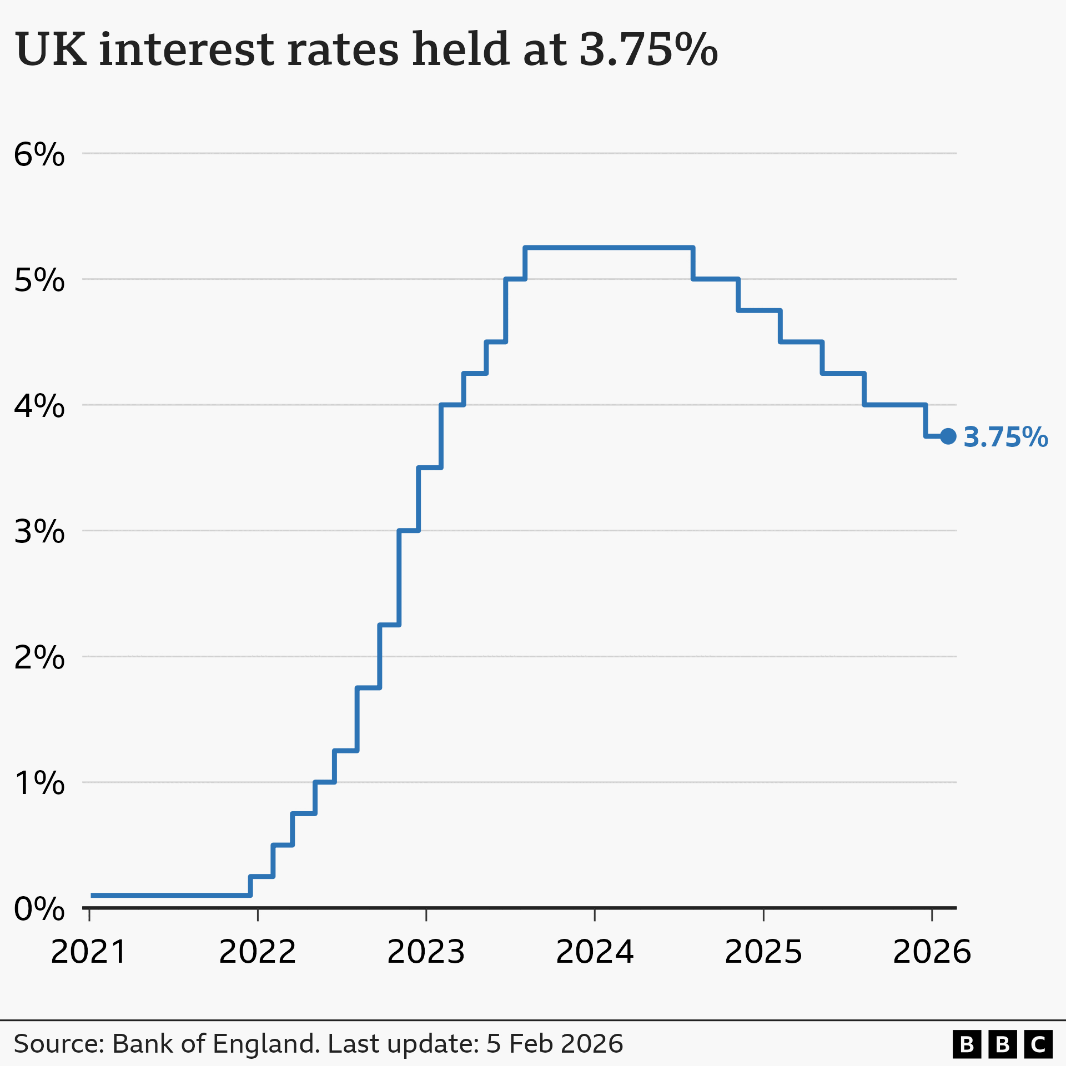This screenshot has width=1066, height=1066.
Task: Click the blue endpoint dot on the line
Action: tap(948, 436)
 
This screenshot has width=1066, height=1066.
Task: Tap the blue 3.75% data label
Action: tap(1005, 438)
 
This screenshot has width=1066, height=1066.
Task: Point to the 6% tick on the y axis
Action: tap(39, 154)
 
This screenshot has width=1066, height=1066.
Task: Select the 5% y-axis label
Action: tap(39, 280)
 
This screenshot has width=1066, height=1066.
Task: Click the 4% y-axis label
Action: tap(39, 406)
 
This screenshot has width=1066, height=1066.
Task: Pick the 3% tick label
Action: tap(39, 532)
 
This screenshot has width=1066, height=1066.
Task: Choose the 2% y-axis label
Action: tap(39, 658)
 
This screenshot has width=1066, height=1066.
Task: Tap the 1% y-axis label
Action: tap(39, 783)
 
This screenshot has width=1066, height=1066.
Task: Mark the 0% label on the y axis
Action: tap(39, 909)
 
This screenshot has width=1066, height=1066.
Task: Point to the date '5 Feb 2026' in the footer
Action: tap(555, 1044)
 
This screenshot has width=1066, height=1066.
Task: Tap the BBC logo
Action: tap(1002, 1044)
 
